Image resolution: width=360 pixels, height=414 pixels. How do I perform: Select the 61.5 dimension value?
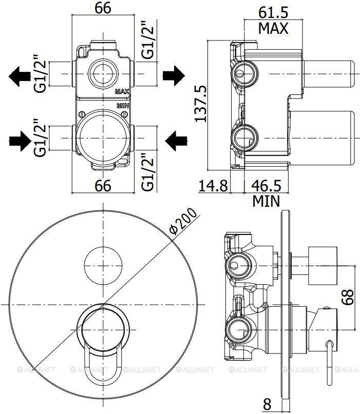[273, 11]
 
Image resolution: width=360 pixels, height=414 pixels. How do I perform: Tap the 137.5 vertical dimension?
[202, 103]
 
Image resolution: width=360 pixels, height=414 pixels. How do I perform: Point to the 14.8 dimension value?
[213, 186]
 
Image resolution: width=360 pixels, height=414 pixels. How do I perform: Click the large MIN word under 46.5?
[266, 201]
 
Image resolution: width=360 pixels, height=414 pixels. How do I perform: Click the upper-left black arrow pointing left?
[21, 76]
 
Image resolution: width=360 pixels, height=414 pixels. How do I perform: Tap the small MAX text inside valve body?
[122, 92]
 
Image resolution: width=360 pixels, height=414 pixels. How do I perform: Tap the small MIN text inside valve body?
[122, 105]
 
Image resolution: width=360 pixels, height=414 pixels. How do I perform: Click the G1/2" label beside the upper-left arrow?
[41, 73]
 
